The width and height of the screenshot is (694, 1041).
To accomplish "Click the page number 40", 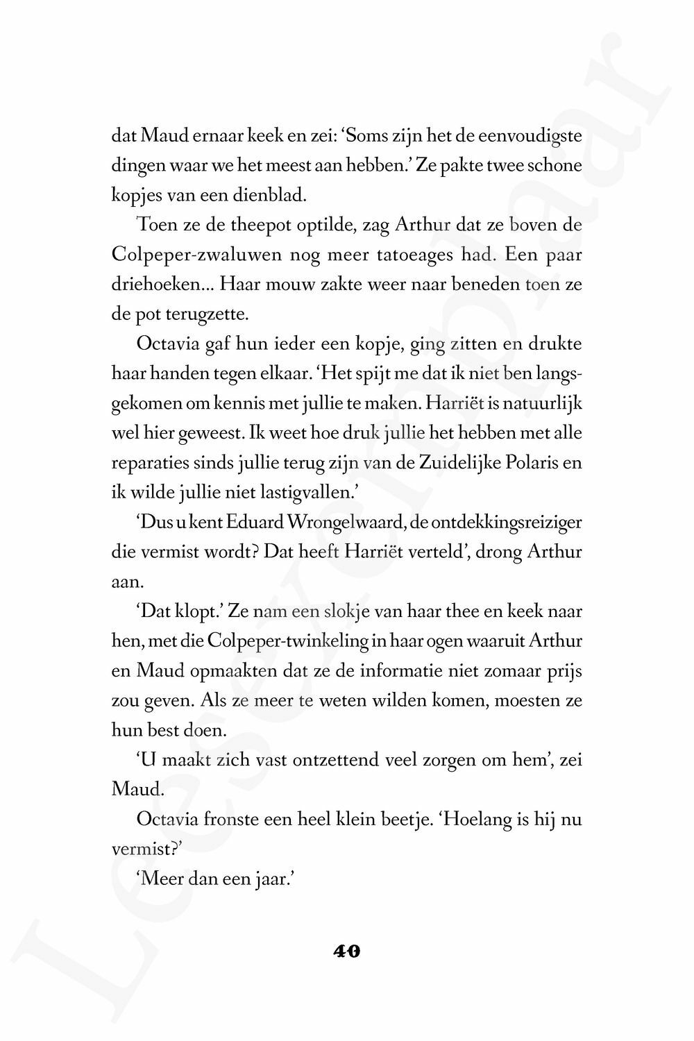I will point(346,951).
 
